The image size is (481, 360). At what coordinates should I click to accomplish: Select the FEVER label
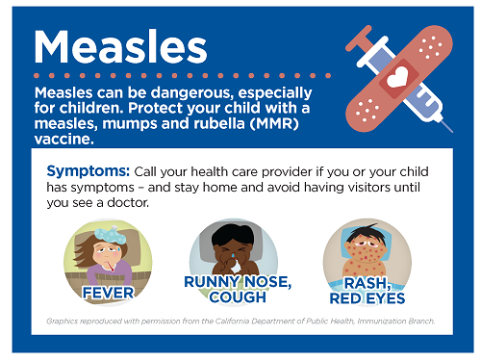[108, 290]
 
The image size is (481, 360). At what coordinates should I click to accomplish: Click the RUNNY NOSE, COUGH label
[238, 289]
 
